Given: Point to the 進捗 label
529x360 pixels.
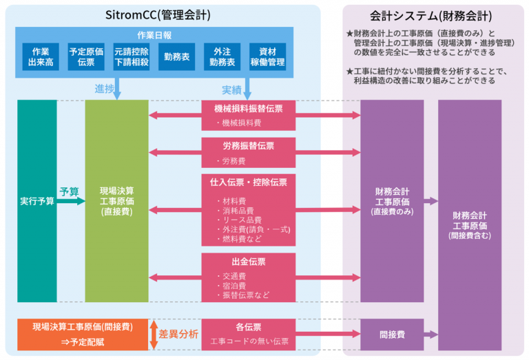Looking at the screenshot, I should (104, 89).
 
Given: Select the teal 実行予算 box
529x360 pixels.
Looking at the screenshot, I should (37, 201).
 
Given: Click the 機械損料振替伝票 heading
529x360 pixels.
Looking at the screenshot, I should (249, 108).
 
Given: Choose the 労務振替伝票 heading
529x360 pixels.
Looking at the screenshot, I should (249, 145).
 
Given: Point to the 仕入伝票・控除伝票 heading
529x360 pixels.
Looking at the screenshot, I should (249, 182).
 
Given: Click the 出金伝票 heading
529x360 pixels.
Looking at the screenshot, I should (249, 262).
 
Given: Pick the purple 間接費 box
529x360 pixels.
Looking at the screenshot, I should (392, 335).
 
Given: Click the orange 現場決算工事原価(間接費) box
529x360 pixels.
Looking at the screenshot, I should (83, 334).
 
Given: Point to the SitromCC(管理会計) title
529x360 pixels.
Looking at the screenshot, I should (159, 14).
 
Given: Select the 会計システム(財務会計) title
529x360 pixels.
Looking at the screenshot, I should (431, 14).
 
